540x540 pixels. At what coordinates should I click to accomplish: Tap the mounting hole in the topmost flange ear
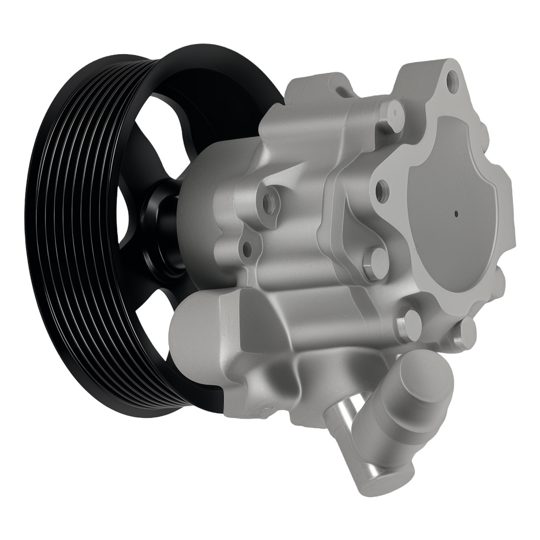pyautogui.click(x=454, y=82)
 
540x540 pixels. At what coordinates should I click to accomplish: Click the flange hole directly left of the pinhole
pyautogui.click(x=382, y=191)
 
